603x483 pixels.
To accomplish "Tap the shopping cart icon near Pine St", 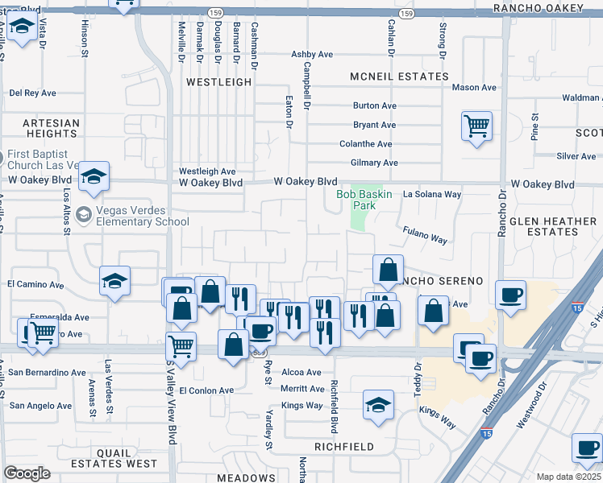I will pos(476,126).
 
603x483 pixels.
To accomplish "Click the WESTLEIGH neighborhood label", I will pos(218,82).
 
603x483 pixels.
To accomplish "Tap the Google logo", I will pos(27,473).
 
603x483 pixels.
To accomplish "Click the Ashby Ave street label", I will pos(312,55).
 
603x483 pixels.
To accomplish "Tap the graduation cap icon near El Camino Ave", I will pos(114,282).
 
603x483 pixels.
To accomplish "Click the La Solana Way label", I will pos(432,194).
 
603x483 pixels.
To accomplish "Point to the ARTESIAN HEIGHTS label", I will pos(51,128).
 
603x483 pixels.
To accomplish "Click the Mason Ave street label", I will pos(474,87).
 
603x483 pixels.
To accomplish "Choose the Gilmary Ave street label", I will pos(375,163).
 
